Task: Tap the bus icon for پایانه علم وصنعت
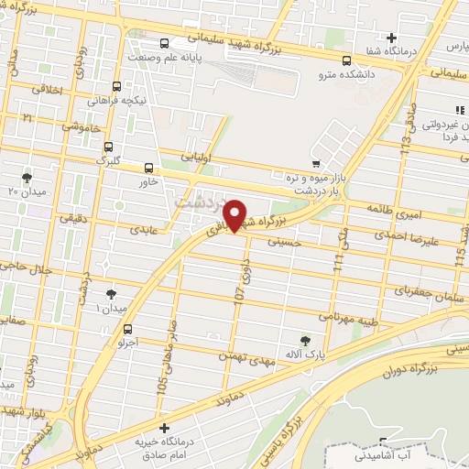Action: [164, 43]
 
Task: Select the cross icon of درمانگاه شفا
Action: [392, 38]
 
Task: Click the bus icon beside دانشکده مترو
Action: [345, 62]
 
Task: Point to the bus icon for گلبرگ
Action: [109, 146]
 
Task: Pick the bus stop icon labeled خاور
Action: [149, 168]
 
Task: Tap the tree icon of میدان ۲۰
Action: [27, 177]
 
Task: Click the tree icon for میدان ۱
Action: [111, 294]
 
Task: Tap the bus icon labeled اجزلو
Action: [127, 329]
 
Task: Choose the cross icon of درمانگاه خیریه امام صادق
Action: [164, 428]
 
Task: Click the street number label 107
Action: [240, 298]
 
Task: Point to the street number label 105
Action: [163, 371]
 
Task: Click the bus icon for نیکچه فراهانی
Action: [115, 86]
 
